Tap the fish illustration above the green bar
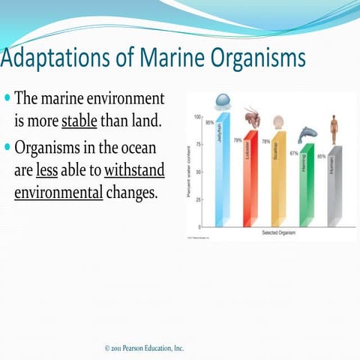(x=307, y=134)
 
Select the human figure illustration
(x=334, y=128)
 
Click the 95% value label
(x=210, y=122)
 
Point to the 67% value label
(x=294, y=153)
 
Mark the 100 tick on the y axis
(x=197, y=117)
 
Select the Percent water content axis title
(x=190, y=172)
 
